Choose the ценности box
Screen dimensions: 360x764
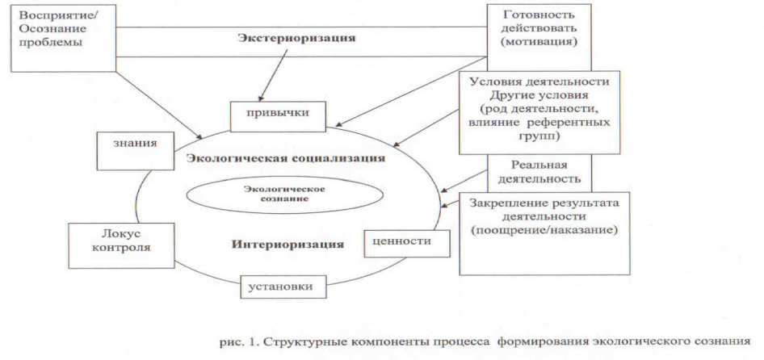point(406,241)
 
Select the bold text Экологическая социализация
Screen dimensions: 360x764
point(285,157)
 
